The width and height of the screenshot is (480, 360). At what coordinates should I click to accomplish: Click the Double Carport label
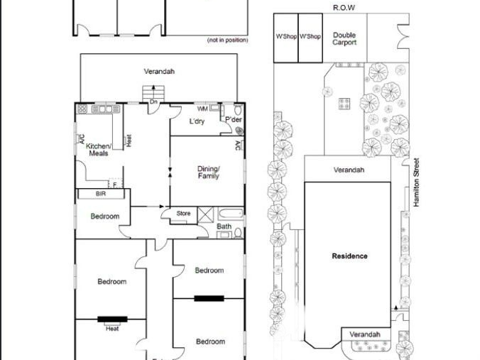(x=344, y=39)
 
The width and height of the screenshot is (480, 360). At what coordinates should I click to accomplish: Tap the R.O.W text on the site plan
(x=344, y=8)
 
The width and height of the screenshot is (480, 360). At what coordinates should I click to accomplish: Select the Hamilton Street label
(x=416, y=182)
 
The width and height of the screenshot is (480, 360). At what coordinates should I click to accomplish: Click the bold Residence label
(x=349, y=256)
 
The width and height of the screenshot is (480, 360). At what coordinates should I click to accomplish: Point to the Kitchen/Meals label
(x=99, y=150)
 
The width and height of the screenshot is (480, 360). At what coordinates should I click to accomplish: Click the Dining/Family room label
(x=209, y=173)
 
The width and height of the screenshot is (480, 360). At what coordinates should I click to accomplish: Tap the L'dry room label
(x=197, y=121)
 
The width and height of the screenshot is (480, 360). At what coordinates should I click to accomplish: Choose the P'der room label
(x=234, y=119)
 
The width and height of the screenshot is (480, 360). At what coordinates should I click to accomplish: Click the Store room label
(x=183, y=213)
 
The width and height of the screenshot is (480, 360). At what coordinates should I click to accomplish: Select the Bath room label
(x=224, y=227)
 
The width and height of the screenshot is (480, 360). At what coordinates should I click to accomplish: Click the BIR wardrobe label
(x=101, y=193)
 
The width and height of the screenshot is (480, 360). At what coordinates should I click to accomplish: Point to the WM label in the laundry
(x=202, y=109)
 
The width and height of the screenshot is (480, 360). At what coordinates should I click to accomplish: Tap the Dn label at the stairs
(x=153, y=102)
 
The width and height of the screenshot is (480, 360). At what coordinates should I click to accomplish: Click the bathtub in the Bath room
(x=231, y=214)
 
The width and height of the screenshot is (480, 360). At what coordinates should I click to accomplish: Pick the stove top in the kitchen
(x=82, y=109)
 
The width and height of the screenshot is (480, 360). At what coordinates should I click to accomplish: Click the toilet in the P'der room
(x=239, y=109)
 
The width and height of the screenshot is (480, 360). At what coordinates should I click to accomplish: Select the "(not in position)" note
(x=227, y=40)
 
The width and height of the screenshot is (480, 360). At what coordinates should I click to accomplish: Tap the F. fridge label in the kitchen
(x=116, y=185)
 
